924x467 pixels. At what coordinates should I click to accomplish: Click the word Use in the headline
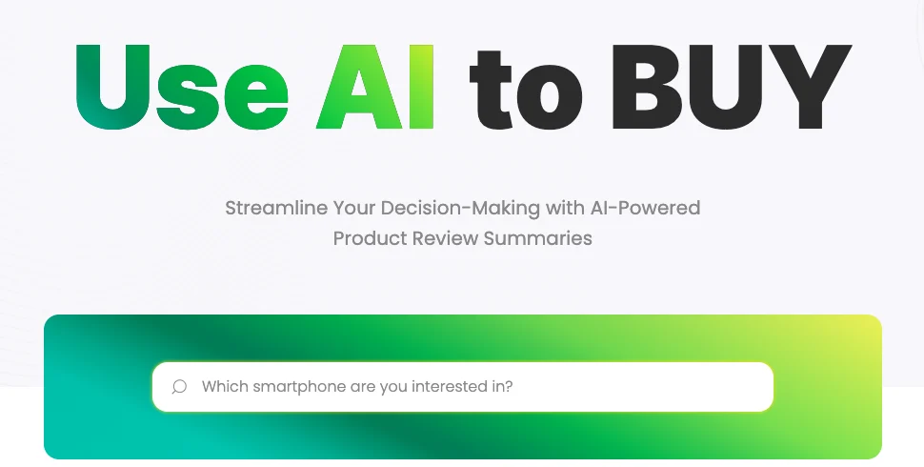pyautogui.click(x=182, y=88)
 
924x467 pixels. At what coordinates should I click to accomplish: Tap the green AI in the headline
pyautogui.click(x=375, y=87)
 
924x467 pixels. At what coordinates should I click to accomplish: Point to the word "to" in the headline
pyautogui.click(x=526, y=90)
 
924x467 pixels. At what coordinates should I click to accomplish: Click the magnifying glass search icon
pyautogui.click(x=179, y=387)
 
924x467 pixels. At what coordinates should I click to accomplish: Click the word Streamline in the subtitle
pyautogui.click(x=276, y=208)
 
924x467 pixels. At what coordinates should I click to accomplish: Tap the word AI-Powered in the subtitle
pyautogui.click(x=645, y=208)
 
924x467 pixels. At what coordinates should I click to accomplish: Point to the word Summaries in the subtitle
pyautogui.click(x=538, y=239)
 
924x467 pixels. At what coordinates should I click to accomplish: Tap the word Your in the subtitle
pyautogui.click(x=353, y=208)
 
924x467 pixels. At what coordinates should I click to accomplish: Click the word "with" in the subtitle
pyautogui.click(x=565, y=208)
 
